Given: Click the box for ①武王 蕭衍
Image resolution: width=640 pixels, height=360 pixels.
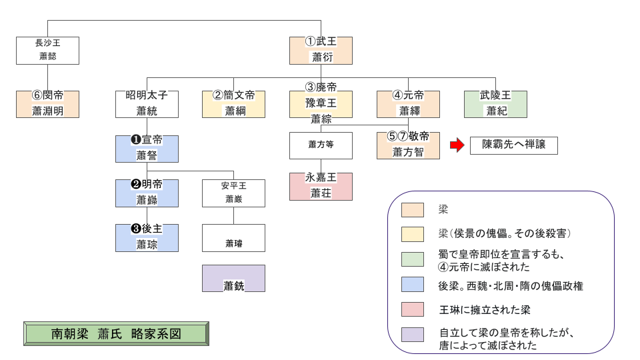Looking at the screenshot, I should pyautogui.click(x=321, y=51).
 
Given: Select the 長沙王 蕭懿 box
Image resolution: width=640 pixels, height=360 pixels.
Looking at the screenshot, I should pyautogui.click(x=47, y=51).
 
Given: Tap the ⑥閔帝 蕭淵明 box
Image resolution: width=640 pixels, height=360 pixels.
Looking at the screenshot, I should pyautogui.click(x=47, y=104).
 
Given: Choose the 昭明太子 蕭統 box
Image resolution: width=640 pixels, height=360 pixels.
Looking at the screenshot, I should pyautogui.click(x=147, y=104).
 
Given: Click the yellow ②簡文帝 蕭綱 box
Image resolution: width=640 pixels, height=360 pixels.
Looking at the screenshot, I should pyautogui.click(x=234, y=104).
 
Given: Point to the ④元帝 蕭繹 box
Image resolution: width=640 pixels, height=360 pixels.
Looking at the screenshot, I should pyautogui.click(x=408, y=104).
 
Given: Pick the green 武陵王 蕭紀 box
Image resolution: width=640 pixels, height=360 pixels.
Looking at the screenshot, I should pyautogui.click(x=495, y=104).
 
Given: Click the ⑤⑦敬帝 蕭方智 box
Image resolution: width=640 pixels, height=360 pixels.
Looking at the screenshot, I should pyautogui.click(x=408, y=145).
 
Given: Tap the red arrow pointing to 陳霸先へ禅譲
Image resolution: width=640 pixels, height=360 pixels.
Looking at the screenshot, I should pyautogui.click(x=456, y=145).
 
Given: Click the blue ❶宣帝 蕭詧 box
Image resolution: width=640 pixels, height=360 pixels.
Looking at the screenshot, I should pyautogui.click(x=147, y=149).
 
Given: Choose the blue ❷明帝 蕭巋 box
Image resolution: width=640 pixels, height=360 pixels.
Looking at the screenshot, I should pyautogui.click(x=147, y=193).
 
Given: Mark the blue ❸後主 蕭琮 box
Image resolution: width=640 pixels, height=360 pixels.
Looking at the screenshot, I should pyautogui.click(x=147, y=237).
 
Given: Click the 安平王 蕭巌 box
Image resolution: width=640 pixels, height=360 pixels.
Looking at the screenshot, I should pyautogui.click(x=234, y=193).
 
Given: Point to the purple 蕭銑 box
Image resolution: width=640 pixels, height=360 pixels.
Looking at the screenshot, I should pyautogui.click(x=234, y=279).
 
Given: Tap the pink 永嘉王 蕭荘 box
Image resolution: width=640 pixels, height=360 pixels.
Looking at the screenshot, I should pyautogui.click(x=321, y=186).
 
